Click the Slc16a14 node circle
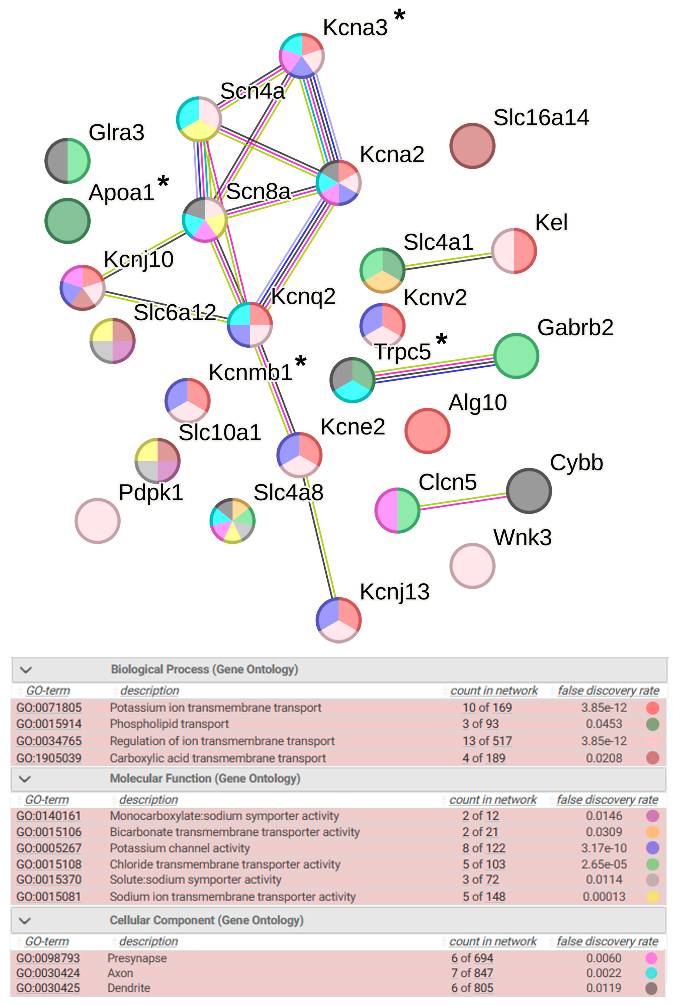click(472, 146)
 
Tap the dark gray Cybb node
click(529, 491)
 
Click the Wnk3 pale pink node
click(472, 566)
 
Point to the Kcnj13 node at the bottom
click(339, 620)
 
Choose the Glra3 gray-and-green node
click(67, 161)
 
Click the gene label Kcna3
click(355, 28)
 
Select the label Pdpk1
click(151, 492)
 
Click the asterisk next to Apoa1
click(163, 182)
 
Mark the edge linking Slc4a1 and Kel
click(449, 261)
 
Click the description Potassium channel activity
click(180, 848)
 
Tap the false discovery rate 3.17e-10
click(604, 848)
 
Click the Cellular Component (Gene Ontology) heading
click(207, 920)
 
